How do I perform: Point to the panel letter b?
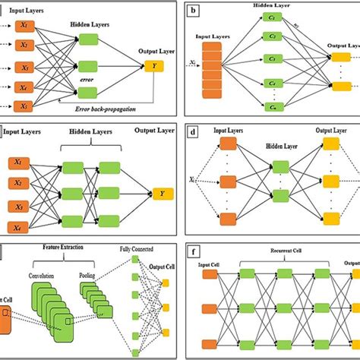196,11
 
